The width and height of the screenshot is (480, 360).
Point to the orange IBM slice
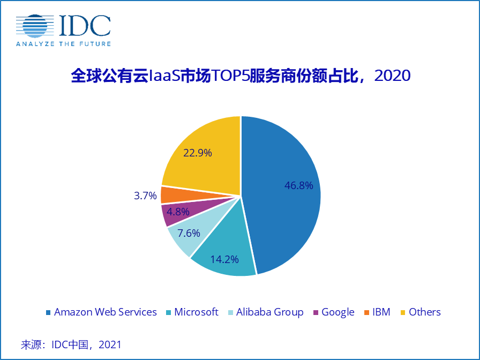pyautogui.click(x=169, y=194)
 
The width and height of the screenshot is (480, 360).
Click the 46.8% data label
pyautogui.click(x=298, y=186)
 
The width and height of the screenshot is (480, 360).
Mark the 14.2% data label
pyautogui.click(x=224, y=259)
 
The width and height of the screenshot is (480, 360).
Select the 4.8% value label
pyautogui.click(x=178, y=212)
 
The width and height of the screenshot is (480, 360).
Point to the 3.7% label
pyautogui.click(x=145, y=195)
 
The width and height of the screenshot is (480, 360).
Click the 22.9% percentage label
pyautogui.click(x=198, y=153)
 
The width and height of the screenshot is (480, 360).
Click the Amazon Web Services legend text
pyautogui.click(x=106, y=312)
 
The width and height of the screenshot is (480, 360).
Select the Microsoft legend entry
pyautogui.click(x=196, y=312)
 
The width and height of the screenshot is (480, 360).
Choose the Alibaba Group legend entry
pyautogui.click(x=269, y=312)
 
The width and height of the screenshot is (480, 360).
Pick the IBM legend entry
pyautogui.click(x=381, y=312)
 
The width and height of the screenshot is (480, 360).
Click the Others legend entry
pyautogui.click(x=424, y=312)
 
